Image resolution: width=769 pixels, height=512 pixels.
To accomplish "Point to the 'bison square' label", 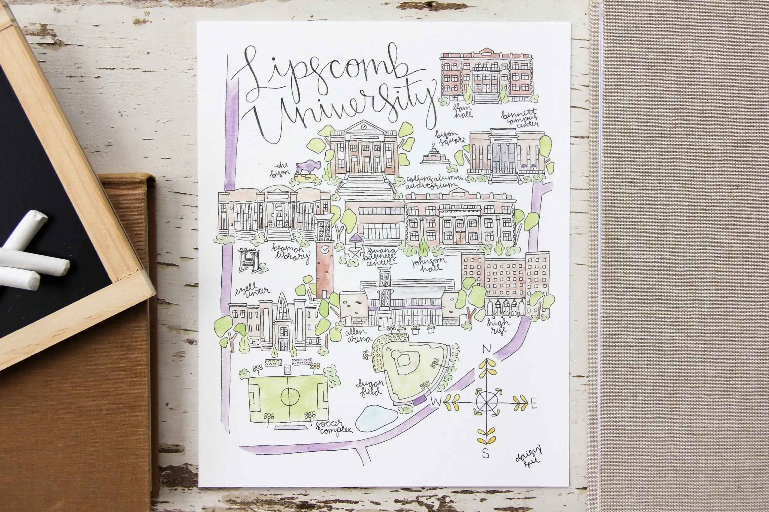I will [x=450, y=137].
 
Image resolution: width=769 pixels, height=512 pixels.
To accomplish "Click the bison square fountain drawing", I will [x=435, y=156].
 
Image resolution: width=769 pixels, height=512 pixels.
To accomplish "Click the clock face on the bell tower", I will [x=324, y=249].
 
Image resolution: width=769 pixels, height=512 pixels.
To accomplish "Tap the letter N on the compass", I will [x=487, y=349].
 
